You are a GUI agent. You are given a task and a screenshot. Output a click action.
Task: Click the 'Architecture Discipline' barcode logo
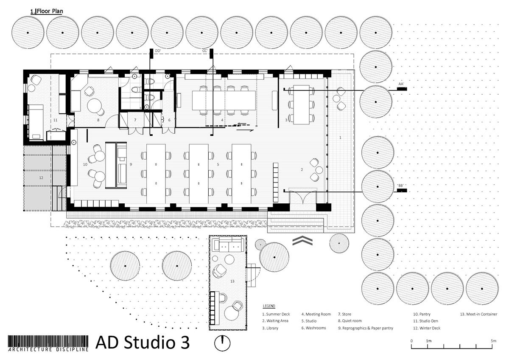[x=48, y=343]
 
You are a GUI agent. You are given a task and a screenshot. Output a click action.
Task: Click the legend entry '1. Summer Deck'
[x=276, y=315]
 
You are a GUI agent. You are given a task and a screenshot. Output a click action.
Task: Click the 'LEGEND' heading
[x=269, y=306]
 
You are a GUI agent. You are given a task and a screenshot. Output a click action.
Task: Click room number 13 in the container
[x=232, y=281]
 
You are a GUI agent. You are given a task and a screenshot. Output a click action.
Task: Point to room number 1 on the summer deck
[x=340, y=138]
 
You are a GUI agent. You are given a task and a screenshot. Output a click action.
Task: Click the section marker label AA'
[x=401, y=84]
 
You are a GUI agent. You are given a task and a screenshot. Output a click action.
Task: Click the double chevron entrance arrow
[x=302, y=242]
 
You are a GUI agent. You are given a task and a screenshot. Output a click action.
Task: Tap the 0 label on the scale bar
[x=411, y=341]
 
